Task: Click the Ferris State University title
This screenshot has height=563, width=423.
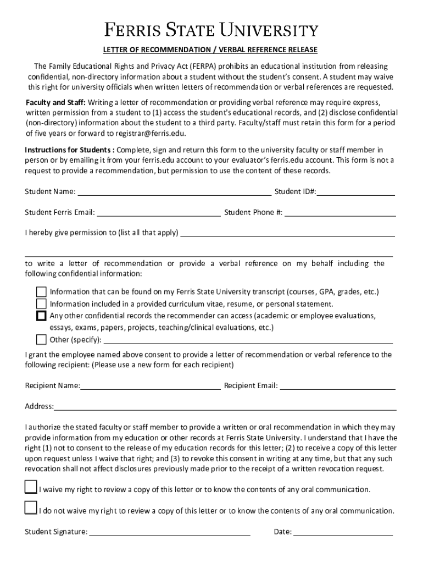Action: click(x=211, y=30)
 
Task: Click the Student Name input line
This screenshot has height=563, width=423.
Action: click(x=174, y=192)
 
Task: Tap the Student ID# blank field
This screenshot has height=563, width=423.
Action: click(x=356, y=192)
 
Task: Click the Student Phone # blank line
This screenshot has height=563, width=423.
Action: click(x=340, y=213)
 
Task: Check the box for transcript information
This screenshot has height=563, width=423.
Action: click(x=41, y=291)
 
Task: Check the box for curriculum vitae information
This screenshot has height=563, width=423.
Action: click(x=41, y=303)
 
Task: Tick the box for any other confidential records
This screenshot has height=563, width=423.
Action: click(x=41, y=316)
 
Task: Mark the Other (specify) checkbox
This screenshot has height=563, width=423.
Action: click(x=41, y=339)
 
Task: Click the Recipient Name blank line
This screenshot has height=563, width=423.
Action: click(x=151, y=386)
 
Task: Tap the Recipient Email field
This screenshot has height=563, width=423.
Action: click(x=338, y=386)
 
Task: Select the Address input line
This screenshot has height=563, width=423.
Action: click(x=225, y=407)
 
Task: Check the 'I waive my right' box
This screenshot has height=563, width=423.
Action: click(x=31, y=487)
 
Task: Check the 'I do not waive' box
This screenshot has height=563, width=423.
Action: click(x=31, y=508)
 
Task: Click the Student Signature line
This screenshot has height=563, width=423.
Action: click(x=170, y=532)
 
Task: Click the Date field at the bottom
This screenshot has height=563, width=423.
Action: click(x=343, y=532)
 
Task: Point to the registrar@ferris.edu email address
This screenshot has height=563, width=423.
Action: click(x=151, y=134)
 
